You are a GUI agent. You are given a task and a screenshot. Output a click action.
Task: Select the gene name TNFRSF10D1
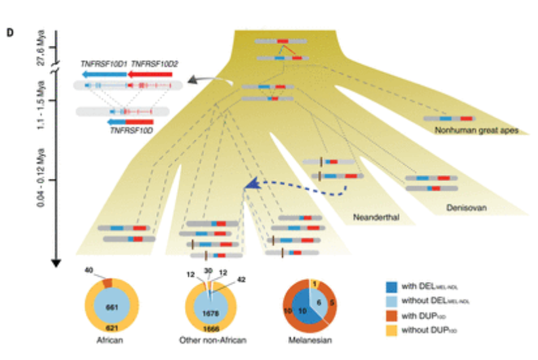[104, 64]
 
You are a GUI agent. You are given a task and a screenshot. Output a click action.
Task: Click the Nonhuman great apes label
[476, 130]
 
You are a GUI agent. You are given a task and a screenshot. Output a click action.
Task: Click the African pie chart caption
[114, 342]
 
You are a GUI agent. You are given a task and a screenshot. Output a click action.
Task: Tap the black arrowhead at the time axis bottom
[56, 262]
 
